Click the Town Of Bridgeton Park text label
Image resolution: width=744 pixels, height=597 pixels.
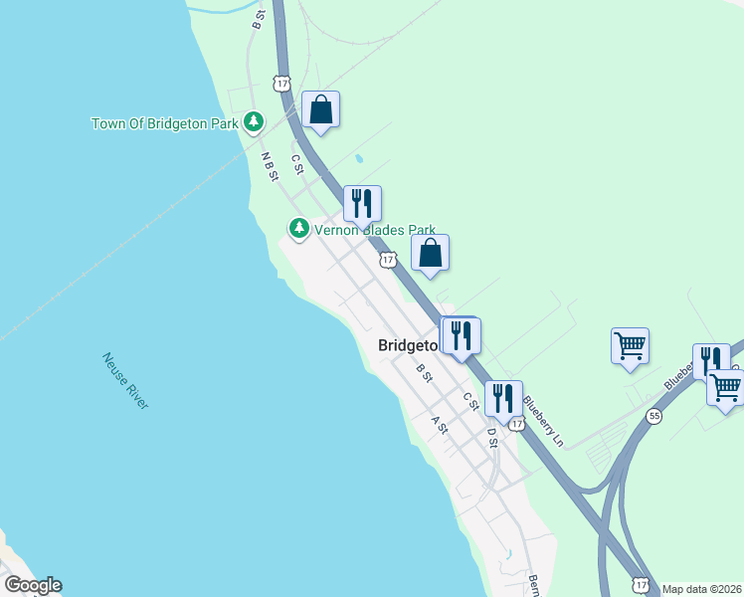[165, 124]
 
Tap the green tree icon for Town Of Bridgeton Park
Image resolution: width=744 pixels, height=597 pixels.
[255, 121]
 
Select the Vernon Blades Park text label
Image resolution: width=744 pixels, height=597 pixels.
[375, 230]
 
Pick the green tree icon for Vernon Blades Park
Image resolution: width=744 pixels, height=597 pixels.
[298, 229]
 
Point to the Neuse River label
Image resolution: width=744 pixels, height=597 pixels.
[125, 380]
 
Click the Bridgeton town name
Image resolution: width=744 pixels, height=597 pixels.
[408, 346]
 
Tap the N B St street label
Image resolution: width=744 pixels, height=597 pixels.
[268, 166]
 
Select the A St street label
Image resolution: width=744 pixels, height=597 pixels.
[439, 424]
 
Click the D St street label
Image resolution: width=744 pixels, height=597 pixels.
[490, 437]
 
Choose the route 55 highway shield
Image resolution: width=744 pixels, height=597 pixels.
[653, 416]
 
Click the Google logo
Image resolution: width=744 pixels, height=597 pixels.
[32, 586]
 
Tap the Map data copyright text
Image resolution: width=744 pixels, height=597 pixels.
[702, 588]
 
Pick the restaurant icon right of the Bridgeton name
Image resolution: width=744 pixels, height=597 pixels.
[461, 334]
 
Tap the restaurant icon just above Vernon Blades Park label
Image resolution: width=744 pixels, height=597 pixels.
[362, 202]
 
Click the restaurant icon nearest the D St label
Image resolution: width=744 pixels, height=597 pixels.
[503, 397]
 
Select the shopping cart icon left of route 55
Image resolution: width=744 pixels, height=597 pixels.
[631, 346]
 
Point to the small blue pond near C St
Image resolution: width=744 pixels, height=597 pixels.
[359, 158]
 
